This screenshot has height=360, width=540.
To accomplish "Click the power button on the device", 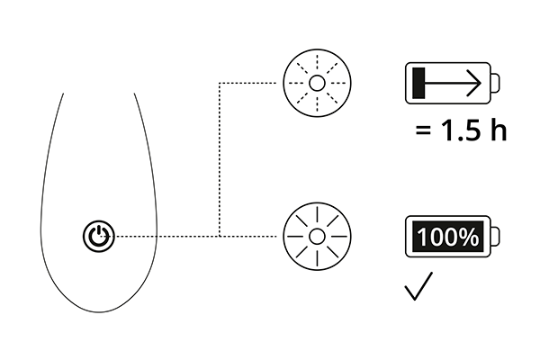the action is [99, 237].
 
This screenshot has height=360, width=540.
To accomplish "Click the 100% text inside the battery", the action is [447, 237].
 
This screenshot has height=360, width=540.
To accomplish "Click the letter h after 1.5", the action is [498, 130].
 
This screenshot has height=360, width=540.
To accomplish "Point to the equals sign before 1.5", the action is [423, 130].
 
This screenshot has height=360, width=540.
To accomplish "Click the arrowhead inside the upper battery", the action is [474, 83].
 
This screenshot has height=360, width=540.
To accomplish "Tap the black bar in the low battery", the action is [418, 83].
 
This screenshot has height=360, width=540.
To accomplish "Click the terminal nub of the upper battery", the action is [495, 83].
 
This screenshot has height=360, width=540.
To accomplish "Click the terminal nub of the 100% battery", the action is [495, 237].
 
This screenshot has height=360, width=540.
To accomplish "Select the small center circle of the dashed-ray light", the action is [317, 83].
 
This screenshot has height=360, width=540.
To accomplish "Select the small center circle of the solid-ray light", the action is [317, 237].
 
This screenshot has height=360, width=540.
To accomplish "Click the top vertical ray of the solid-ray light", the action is [317, 216].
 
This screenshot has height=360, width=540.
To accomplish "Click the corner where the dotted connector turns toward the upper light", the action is [220, 83].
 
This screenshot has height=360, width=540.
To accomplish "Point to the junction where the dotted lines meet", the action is [220, 237].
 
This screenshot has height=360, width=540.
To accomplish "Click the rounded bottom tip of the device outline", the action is [99, 312].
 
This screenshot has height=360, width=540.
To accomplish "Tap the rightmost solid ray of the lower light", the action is [337, 237].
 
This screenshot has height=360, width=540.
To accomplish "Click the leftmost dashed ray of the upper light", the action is [296, 83].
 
